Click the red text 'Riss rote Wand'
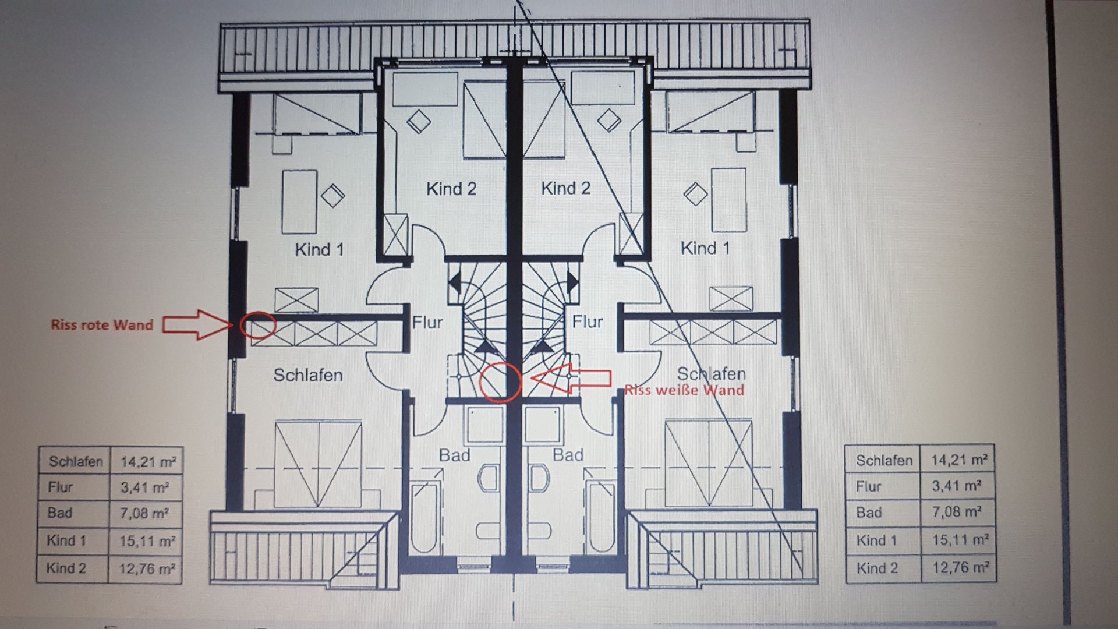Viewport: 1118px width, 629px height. tap(102, 325)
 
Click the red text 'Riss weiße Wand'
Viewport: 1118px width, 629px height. tap(684, 390)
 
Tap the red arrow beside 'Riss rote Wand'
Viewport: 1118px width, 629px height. tap(197, 324)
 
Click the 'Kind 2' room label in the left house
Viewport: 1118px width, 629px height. tap(451, 189)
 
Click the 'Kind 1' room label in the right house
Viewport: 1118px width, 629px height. tap(705, 248)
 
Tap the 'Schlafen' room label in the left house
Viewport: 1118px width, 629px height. tap(308, 375)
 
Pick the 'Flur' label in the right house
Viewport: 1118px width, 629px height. tap(588, 321)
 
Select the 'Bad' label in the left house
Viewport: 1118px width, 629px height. tap(455, 455)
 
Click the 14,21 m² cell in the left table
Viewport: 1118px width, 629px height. tap(148, 462)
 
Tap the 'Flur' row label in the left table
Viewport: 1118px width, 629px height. tap(61, 487)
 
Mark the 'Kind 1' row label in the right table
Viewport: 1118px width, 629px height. tap(876, 540)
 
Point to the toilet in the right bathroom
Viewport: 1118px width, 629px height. tap(540, 479)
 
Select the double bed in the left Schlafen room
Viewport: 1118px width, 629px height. tap(319, 464)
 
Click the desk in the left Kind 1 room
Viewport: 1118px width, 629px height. tap(299, 202)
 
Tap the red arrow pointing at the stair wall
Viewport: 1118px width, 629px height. tap(571, 379)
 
